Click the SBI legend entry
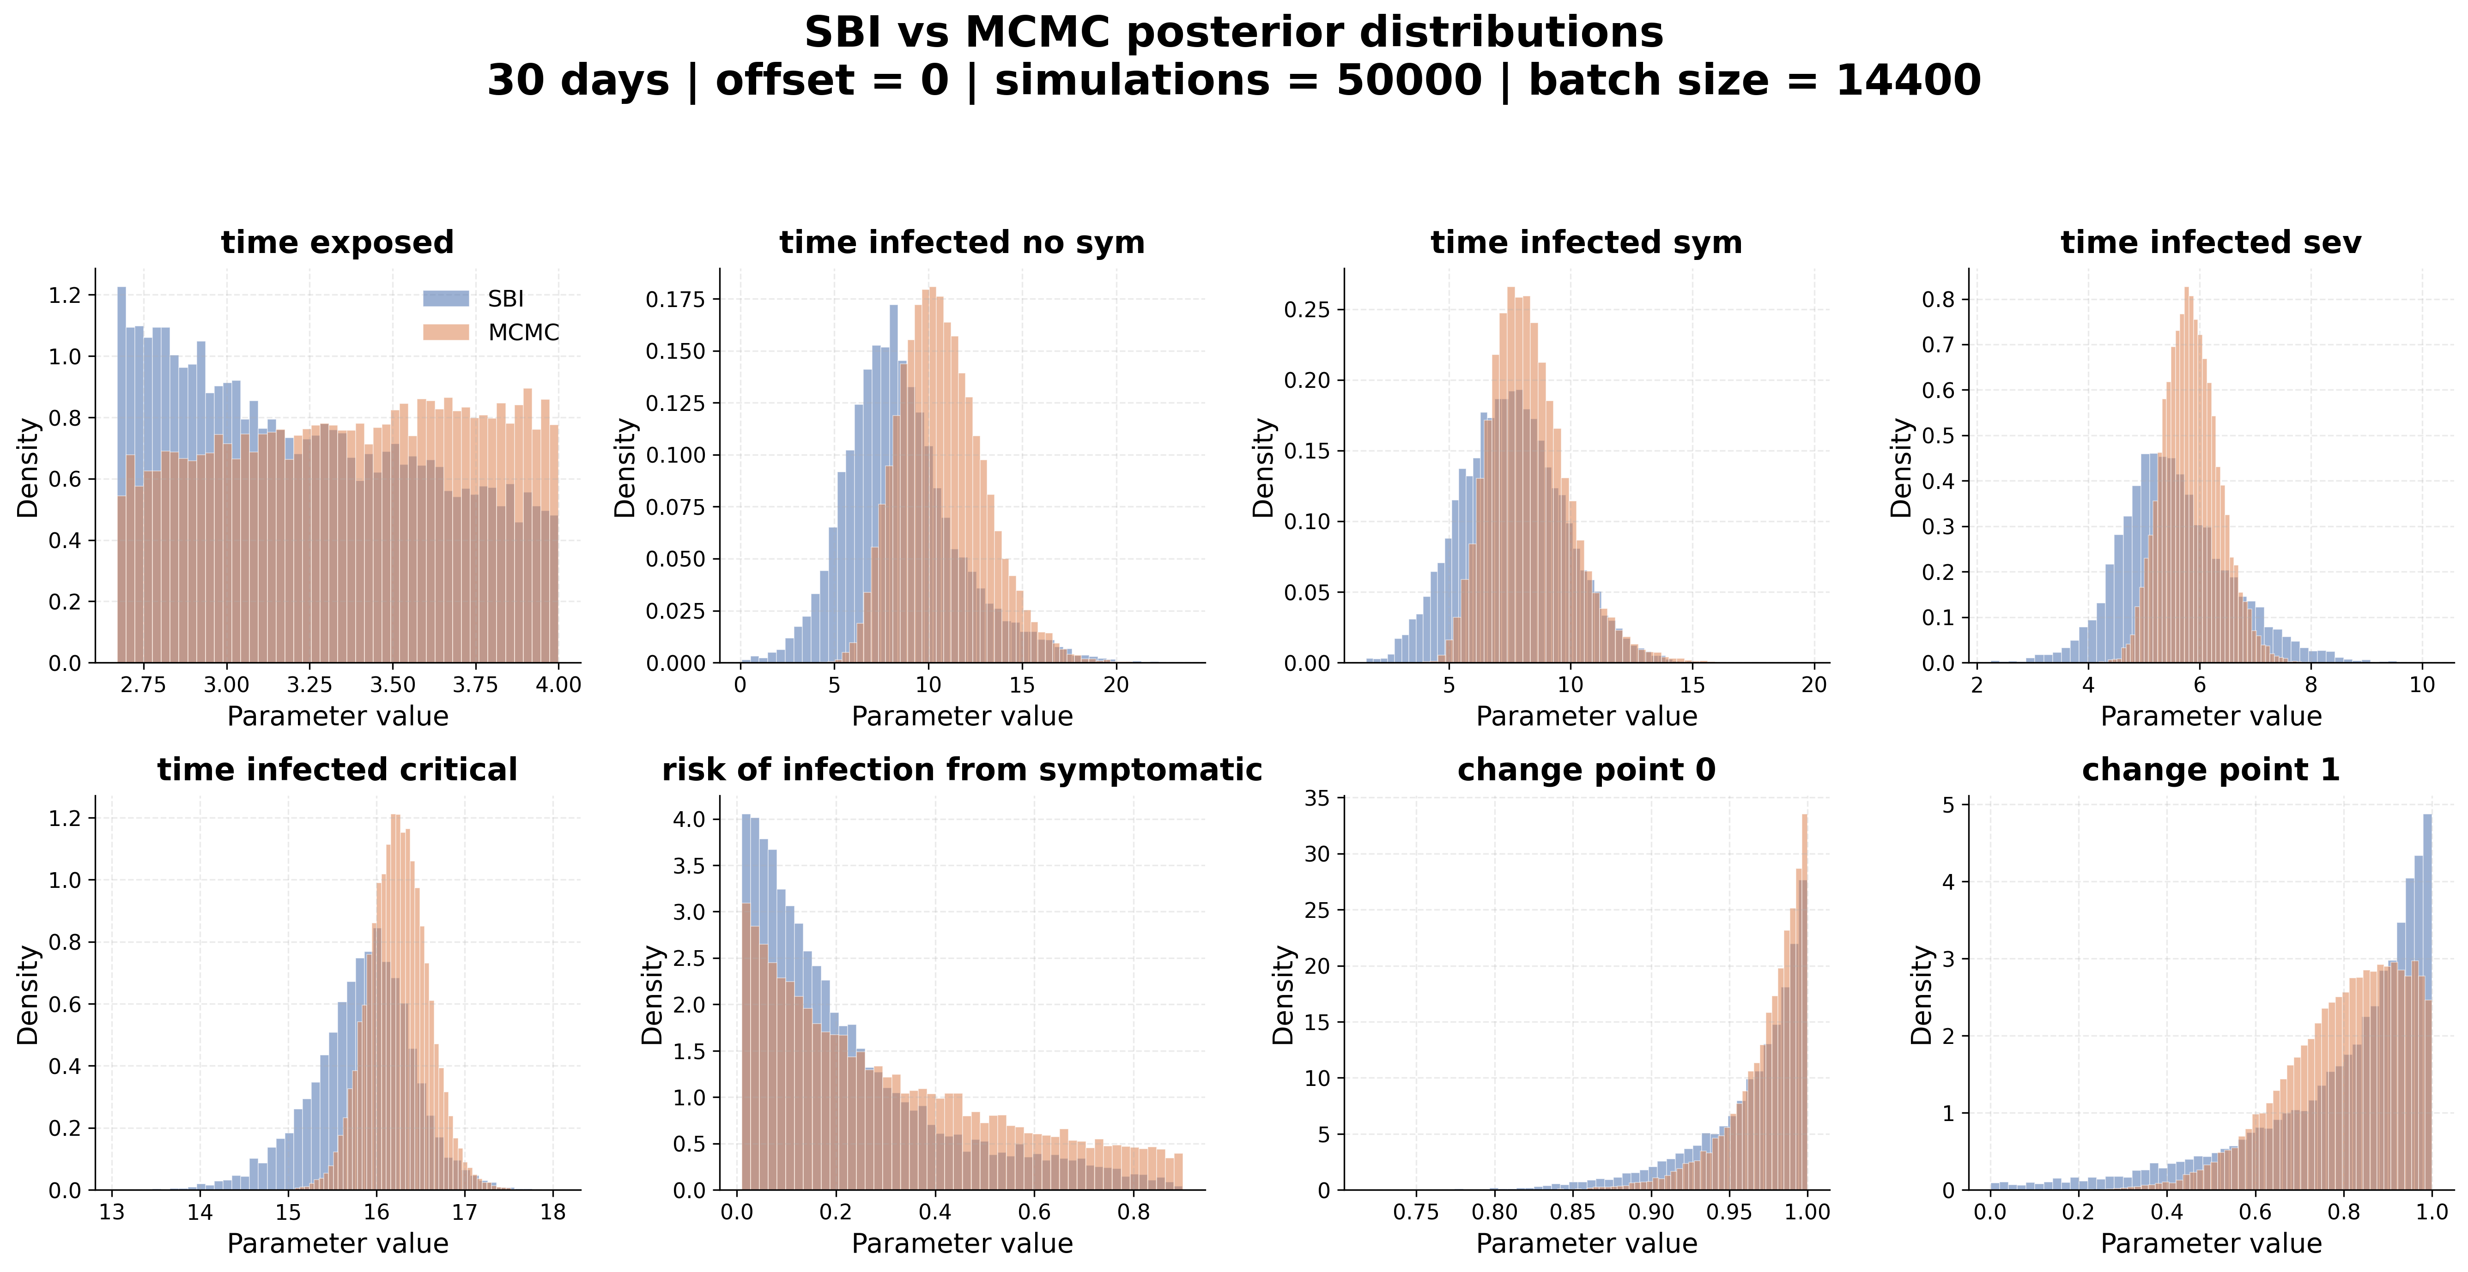pyautogui.click(x=474, y=299)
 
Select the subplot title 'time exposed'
pyautogui.click(x=337, y=242)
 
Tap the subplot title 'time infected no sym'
pyautogui.click(x=962, y=242)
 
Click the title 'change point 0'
pyautogui.click(x=1587, y=770)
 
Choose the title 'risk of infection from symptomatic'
pyautogui.click(x=962, y=770)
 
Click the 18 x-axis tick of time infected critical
pyautogui.click(x=553, y=1212)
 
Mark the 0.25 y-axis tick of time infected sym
pyautogui.click(x=1307, y=309)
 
